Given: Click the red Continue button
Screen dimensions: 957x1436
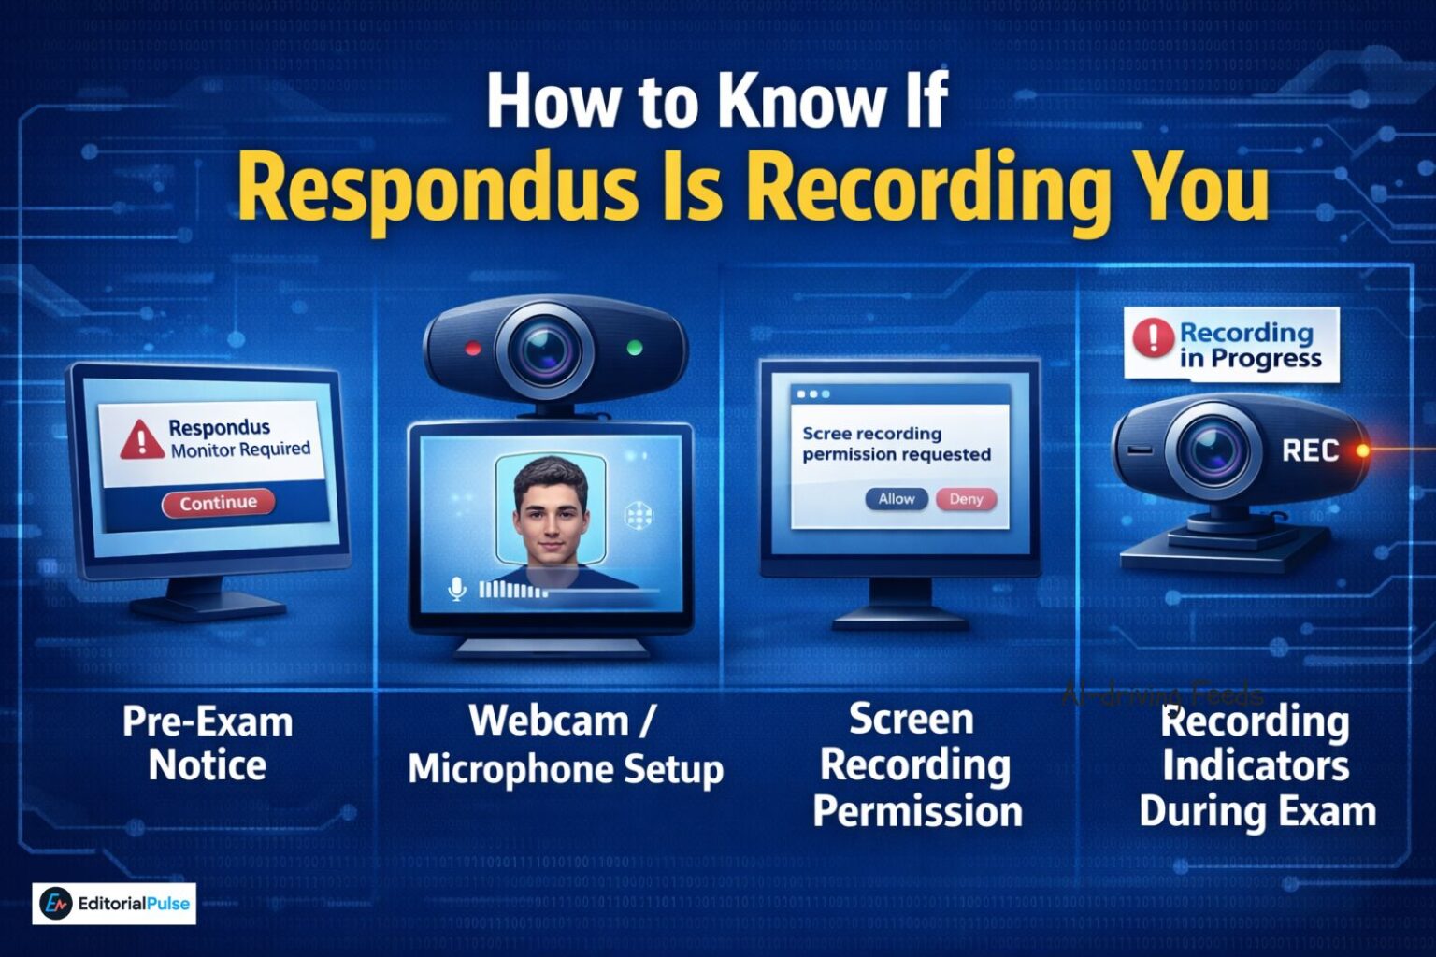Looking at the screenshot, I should [218, 503].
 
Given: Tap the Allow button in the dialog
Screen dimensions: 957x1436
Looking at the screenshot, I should [896, 499].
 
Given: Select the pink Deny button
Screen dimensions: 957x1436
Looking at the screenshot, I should [966, 499].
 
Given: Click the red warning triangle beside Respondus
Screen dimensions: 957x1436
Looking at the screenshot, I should [141, 438].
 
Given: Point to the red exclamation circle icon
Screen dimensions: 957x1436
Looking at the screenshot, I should [1153, 337].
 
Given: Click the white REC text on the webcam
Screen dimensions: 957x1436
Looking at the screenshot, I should [1310, 451].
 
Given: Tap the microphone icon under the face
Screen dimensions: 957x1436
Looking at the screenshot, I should [456, 589].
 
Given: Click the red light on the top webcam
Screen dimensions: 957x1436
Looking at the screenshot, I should [473, 350].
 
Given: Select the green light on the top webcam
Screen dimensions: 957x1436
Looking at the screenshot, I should [635, 349].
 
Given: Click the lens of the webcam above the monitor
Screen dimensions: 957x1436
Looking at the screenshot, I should [544, 349].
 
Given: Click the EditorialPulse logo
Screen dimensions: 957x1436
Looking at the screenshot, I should [114, 904].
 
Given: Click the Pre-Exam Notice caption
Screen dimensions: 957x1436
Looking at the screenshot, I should [208, 743].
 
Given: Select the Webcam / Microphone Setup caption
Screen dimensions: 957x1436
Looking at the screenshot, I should [566, 745].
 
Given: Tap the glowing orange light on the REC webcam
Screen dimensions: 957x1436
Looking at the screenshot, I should [1363, 450].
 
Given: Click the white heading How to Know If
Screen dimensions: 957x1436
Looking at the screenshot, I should [717, 101].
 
